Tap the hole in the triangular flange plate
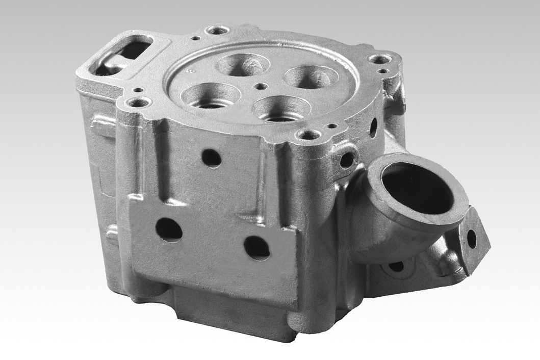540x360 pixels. [x=472, y=239]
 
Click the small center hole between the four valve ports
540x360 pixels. [x=262, y=86]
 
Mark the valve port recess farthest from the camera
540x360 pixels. [x=242, y=65]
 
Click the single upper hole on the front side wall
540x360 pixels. [x=211, y=158]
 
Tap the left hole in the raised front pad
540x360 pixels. [x=169, y=229]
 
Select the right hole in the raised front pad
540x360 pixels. [x=256, y=247]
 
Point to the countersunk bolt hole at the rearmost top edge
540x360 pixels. [x=217, y=31]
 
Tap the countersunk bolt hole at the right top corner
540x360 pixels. [x=380, y=59]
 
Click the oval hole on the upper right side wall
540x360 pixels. [x=373, y=127]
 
